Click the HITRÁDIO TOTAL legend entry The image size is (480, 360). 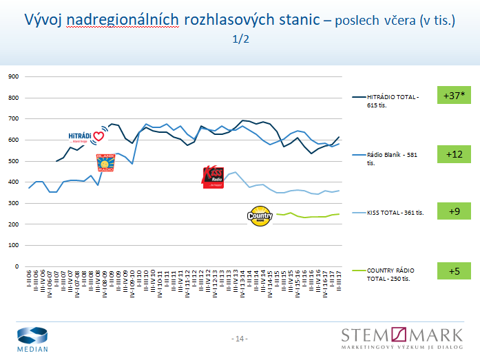(x=393, y=100)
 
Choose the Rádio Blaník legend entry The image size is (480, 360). (x=393, y=159)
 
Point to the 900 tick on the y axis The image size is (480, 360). (x=14, y=77)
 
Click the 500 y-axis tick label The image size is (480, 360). (x=14, y=161)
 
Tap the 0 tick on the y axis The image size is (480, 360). (x=18, y=266)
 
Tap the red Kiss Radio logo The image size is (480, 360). (x=213, y=177)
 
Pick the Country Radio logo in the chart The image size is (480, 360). (x=260, y=215)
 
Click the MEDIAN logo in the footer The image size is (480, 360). (x=33, y=339)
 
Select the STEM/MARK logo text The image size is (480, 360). (x=405, y=335)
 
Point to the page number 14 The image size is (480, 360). (x=240, y=339)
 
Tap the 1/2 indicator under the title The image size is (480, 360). (x=240, y=39)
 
